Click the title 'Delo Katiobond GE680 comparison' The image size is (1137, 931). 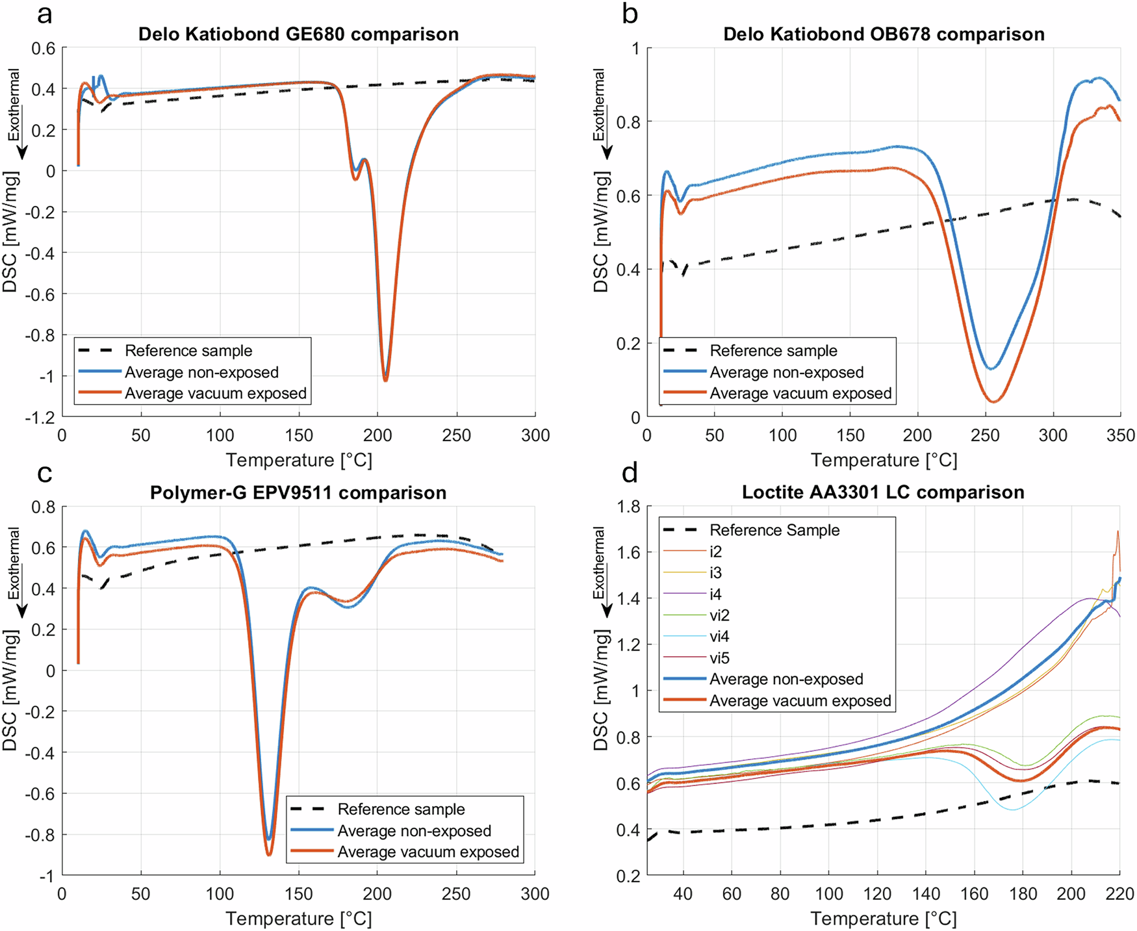pos(298,34)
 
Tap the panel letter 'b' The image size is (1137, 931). pos(630,14)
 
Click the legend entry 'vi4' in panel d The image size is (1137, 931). pos(719,637)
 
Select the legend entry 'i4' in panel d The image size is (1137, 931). pos(715,594)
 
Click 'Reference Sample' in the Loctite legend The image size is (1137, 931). pos(774,530)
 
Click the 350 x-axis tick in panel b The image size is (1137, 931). pos(1121,435)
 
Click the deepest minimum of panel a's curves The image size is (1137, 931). pos(385,380)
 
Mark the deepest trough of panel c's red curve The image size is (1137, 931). pos(269,854)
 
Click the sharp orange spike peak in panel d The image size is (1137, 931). pos(1118,531)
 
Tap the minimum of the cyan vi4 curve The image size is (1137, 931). pos(1012,809)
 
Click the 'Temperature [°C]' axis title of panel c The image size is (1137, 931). pos(299,919)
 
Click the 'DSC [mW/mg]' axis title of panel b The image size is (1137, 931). pos(601,232)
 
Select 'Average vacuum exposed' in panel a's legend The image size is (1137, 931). pos(215,393)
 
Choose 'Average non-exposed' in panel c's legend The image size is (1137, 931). pos(414,831)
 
